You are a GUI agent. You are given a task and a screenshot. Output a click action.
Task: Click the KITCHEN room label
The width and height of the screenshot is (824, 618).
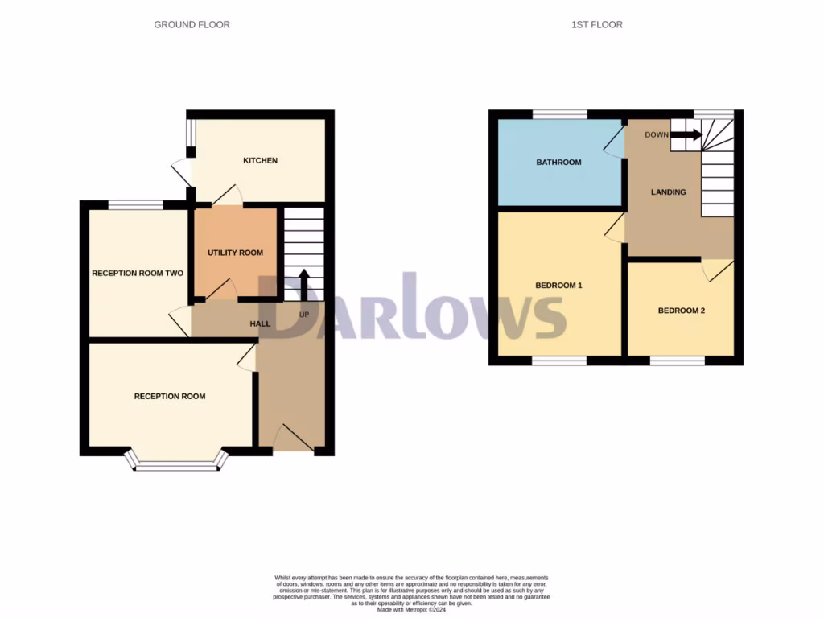(260, 160)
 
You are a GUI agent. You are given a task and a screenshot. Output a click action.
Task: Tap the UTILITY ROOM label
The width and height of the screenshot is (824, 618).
(235, 253)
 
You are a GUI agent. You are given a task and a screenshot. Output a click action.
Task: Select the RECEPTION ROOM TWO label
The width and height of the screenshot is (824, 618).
(138, 274)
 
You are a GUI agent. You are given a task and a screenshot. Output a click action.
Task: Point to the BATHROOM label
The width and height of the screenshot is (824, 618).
(558, 163)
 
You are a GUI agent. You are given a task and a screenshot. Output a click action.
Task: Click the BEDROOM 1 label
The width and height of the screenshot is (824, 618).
(558, 286)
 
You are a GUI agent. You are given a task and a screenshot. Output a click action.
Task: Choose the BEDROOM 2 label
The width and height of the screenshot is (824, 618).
(681, 310)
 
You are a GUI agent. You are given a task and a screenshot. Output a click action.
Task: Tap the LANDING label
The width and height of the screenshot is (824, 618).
(669, 192)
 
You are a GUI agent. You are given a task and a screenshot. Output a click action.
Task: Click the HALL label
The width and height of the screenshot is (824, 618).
(260, 323)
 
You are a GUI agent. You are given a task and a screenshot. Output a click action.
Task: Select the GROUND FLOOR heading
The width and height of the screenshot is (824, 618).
(192, 25)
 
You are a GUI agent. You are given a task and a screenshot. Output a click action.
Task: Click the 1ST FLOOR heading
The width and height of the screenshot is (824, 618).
(596, 25)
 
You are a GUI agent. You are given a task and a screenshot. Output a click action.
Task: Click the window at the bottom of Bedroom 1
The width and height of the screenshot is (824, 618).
(558, 361)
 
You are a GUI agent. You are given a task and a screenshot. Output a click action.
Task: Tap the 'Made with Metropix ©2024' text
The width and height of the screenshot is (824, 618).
(411, 608)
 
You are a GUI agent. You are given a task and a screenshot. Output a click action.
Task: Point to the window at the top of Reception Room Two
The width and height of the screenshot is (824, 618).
(136, 205)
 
